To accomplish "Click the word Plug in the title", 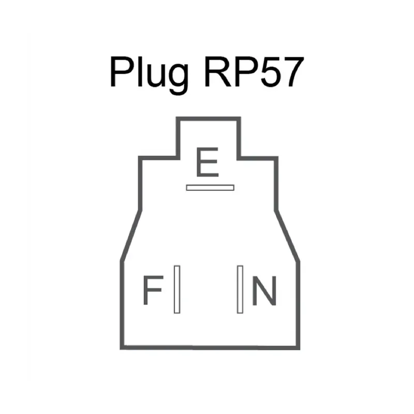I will tap(147, 73).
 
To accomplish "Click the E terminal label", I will tap(208, 163).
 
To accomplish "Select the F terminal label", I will tap(152, 291).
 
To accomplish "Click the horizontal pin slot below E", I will tap(210, 187).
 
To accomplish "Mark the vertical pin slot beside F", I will tap(176, 289).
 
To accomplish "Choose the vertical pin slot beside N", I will tap(240, 289).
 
